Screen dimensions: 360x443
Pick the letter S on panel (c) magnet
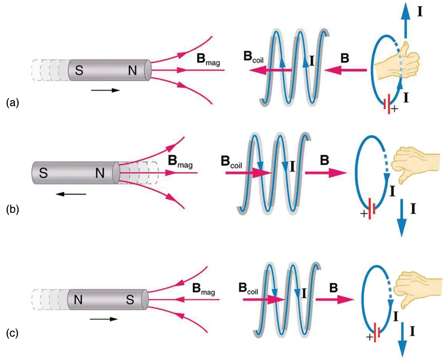pyautogui.click(x=130, y=300)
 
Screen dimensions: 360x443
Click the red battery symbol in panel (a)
pyautogui.click(x=386, y=105)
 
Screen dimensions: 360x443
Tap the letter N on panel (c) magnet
pyautogui.click(x=79, y=300)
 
